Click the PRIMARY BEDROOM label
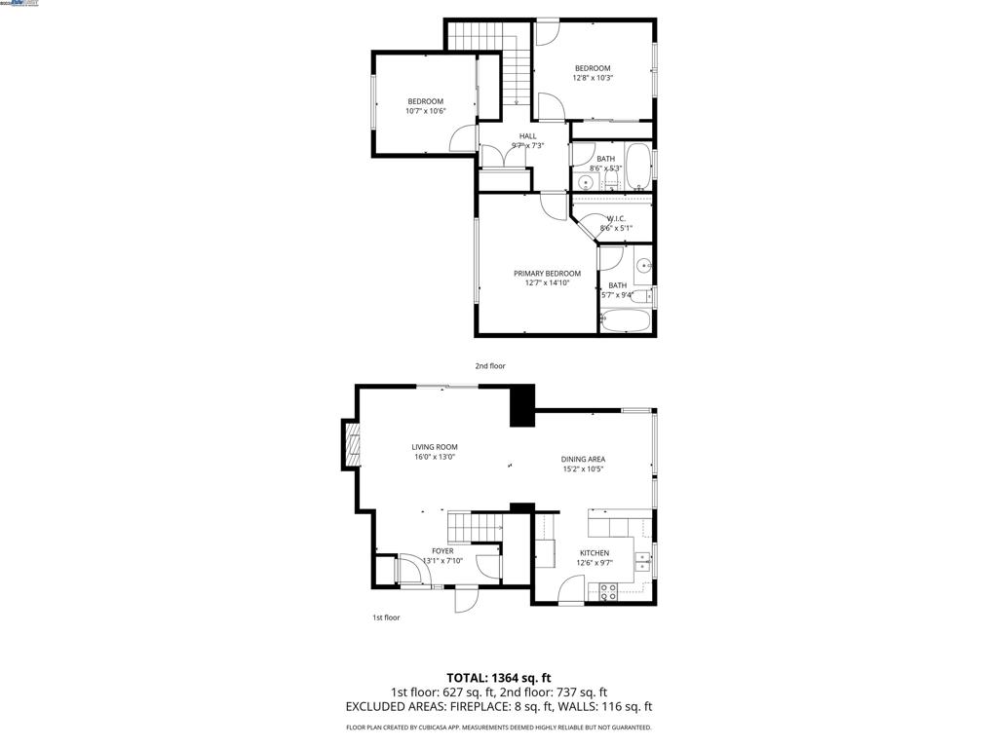547,274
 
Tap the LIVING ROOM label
434,447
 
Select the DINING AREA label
583,459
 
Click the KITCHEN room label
594,553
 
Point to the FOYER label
442,551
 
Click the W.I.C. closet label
616,219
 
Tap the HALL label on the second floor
527,136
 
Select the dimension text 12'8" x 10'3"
592,78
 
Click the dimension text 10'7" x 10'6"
425,111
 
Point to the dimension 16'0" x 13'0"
434,457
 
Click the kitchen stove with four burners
608,591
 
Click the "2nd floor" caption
490,366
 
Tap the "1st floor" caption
386,617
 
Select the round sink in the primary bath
643,266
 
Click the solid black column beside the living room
522,405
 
